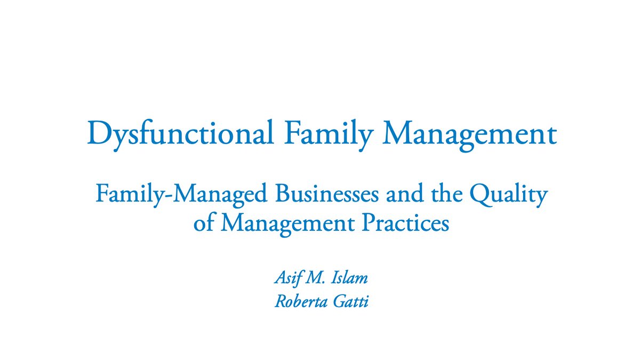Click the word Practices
(x=405, y=222)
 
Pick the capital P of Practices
(x=369, y=222)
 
